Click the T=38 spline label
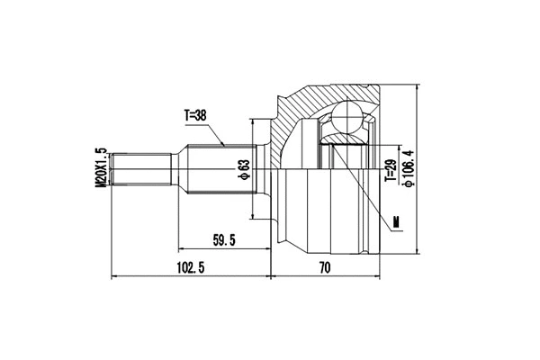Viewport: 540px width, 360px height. [x=196, y=115]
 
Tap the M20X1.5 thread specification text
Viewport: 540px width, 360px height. [x=101, y=168]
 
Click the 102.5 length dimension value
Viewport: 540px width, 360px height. [x=189, y=267]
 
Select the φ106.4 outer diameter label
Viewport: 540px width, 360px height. [x=409, y=167]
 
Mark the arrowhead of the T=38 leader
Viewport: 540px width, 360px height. [x=223, y=146]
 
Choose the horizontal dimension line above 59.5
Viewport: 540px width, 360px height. [x=225, y=249]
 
